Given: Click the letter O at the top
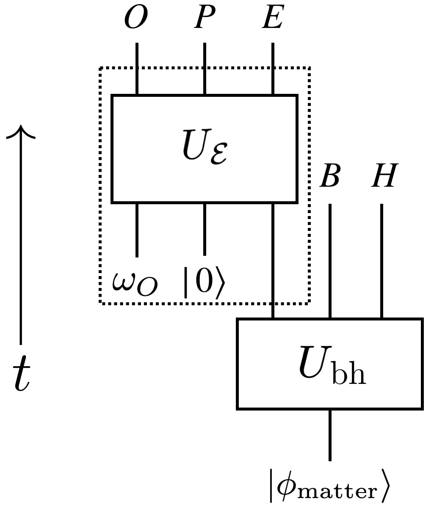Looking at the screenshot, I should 136,19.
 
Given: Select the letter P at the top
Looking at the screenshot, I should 205,19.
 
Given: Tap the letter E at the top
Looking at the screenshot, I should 272,19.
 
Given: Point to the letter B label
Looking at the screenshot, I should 330,176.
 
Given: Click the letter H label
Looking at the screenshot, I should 384,176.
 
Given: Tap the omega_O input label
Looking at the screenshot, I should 135,283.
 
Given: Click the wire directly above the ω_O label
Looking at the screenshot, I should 137,230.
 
